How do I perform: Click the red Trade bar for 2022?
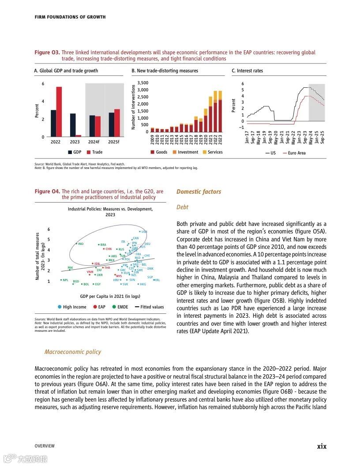(59, 112)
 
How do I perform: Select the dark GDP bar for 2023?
(73, 125)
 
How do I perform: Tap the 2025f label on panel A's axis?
(114, 142)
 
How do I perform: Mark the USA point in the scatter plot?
(140, 231)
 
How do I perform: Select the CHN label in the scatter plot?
(108, 249)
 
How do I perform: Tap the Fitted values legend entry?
(149, 307)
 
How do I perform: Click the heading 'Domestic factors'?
(199, 192)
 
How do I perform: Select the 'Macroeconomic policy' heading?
(72, 352)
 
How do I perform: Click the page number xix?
(322, 446)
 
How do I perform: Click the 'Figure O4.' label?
(47, 192)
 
